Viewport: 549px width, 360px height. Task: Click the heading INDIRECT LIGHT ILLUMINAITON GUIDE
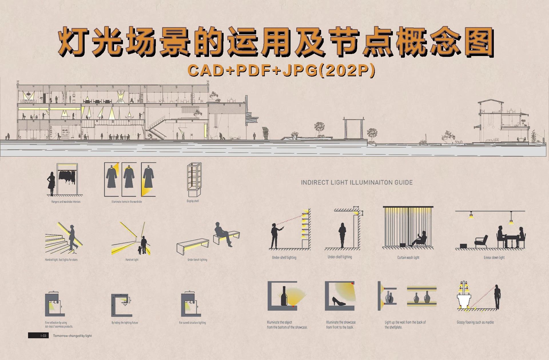pyautogui.click(x=357, y=182)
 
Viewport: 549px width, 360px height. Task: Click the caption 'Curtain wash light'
pyautogui.click(x=408, y=257)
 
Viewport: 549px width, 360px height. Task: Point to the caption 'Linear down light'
pyautogui.click(x=494, y=257)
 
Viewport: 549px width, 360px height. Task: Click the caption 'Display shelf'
pyautogui.click(x=193, y=201)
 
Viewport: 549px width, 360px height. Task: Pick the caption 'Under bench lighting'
pyautogui.click(x=197, y=260)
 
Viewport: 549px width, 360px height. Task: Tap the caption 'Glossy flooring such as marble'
pyautogui.click(x=475, y=322)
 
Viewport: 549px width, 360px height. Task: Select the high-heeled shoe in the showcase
pyautogui.click(x=339, y=302)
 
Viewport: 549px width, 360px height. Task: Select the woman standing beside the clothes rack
pyautogui.click(x=51, y=184)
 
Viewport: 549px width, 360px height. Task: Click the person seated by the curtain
pyautogui.click(x=419, y=239)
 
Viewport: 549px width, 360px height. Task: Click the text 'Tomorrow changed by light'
pyautogui.click(x=72, y=336)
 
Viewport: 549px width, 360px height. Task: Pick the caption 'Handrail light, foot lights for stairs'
pyautogui.click(x=61, y=260)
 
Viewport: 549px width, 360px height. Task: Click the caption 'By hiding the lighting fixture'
pyautogui.click(x=125, y=323)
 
